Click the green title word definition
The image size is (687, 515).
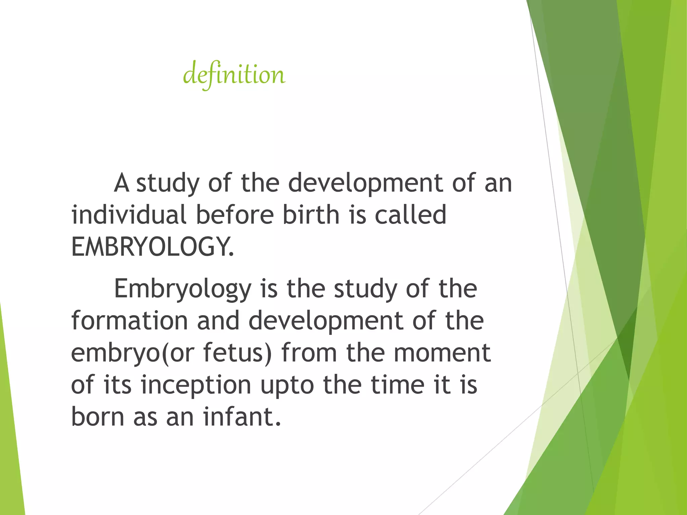[x=234, y=74]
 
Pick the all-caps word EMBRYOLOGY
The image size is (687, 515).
[x=152, y=247]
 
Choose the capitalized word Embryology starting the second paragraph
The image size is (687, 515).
[x=182, y=289]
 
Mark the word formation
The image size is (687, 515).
[x=129, y=321]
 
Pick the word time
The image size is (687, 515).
[x=398, y=385]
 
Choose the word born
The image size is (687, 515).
[x=98, y=417]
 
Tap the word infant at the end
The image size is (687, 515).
[x=242, y=417]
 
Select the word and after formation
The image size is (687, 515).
[x=218, y=321]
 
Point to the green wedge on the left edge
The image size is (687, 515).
[x=12, y=436]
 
